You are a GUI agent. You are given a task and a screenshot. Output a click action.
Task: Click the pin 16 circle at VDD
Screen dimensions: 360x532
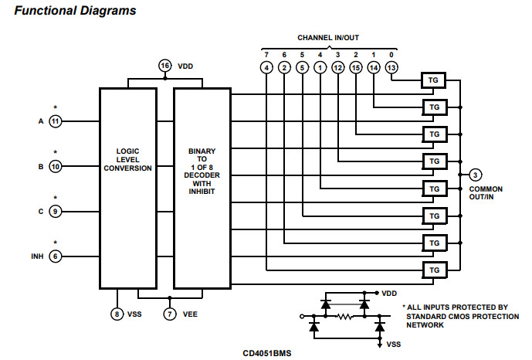(164, 66)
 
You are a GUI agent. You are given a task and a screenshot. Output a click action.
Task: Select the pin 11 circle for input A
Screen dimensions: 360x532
(55, 121)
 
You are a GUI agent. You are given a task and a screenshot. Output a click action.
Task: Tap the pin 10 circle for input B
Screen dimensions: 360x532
(55, 166)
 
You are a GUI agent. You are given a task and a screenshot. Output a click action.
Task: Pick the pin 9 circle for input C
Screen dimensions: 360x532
(55, 211)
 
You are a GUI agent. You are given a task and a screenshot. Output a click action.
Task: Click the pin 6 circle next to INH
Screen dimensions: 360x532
(55, 256)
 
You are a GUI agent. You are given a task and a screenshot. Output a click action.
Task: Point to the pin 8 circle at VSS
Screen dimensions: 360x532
(117, 314)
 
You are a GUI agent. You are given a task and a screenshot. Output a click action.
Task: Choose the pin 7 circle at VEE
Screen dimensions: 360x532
(170, 314)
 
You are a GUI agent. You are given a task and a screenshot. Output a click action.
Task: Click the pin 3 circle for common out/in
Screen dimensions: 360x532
(476, 175)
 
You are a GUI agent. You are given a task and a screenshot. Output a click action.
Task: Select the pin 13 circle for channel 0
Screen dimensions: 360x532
(392, 68)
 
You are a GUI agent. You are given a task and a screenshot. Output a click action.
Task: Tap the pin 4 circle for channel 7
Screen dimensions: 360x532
(266, 68)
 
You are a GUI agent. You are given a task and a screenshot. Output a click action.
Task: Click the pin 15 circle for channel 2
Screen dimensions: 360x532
(356, 68)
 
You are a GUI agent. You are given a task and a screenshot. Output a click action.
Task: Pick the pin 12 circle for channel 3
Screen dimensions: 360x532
(338, 68)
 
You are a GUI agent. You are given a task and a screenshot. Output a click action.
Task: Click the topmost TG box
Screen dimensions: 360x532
(434, 80)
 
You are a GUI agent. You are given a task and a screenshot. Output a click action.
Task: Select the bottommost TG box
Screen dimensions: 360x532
(434, 270)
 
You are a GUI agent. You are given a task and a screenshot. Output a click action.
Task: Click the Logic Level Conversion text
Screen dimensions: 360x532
(128, 160)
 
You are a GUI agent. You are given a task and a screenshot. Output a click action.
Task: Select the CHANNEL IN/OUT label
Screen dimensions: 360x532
(328, 37)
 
